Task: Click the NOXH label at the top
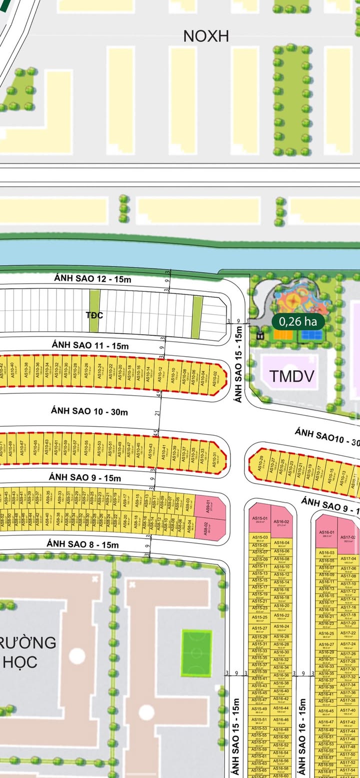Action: [205, 36]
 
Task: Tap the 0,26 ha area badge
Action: [297, 321]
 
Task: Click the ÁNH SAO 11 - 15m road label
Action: [90, 345]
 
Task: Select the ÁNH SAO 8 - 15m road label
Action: [83, 544]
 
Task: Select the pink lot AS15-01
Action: [259, 521]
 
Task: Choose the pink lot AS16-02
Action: [281, 523]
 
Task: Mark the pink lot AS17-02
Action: [348, 538]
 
